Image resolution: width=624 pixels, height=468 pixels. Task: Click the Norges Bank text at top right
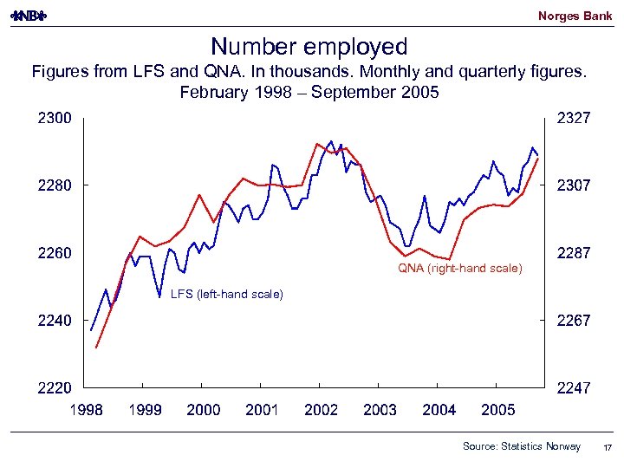click(x=575, y=16)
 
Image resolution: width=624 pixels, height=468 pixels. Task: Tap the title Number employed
click(x=309, y=46)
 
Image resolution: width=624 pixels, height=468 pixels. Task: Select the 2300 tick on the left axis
click(x=54, y=118)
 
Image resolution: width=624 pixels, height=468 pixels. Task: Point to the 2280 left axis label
click(x=54, y=185)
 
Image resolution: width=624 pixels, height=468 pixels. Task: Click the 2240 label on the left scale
click(x=54, y=321)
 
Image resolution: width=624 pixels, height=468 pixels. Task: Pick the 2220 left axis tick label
click(x=54, y=388)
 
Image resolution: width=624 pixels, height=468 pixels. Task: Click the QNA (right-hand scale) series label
click(x=460, y=269)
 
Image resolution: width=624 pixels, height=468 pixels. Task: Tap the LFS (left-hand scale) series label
click(x=227, y=295)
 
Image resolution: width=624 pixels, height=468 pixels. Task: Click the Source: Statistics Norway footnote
click(x=522, y=446)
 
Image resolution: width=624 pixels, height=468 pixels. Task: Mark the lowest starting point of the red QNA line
click(x=96, y=348)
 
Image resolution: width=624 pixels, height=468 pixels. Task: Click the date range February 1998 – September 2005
click(x=309, y=92)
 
